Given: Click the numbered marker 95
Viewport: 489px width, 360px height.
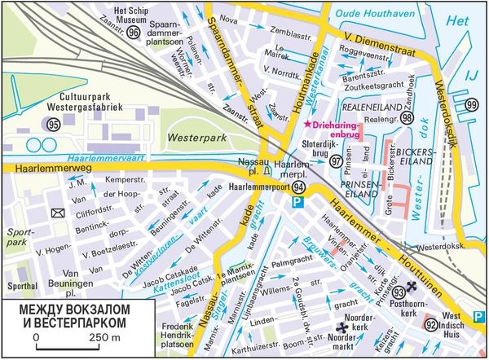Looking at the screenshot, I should [x=54, y=125].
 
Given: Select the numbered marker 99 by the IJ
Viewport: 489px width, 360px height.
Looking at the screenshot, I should [x=472, y=105].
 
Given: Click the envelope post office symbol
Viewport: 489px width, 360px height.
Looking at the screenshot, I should [x=58, y=213].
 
